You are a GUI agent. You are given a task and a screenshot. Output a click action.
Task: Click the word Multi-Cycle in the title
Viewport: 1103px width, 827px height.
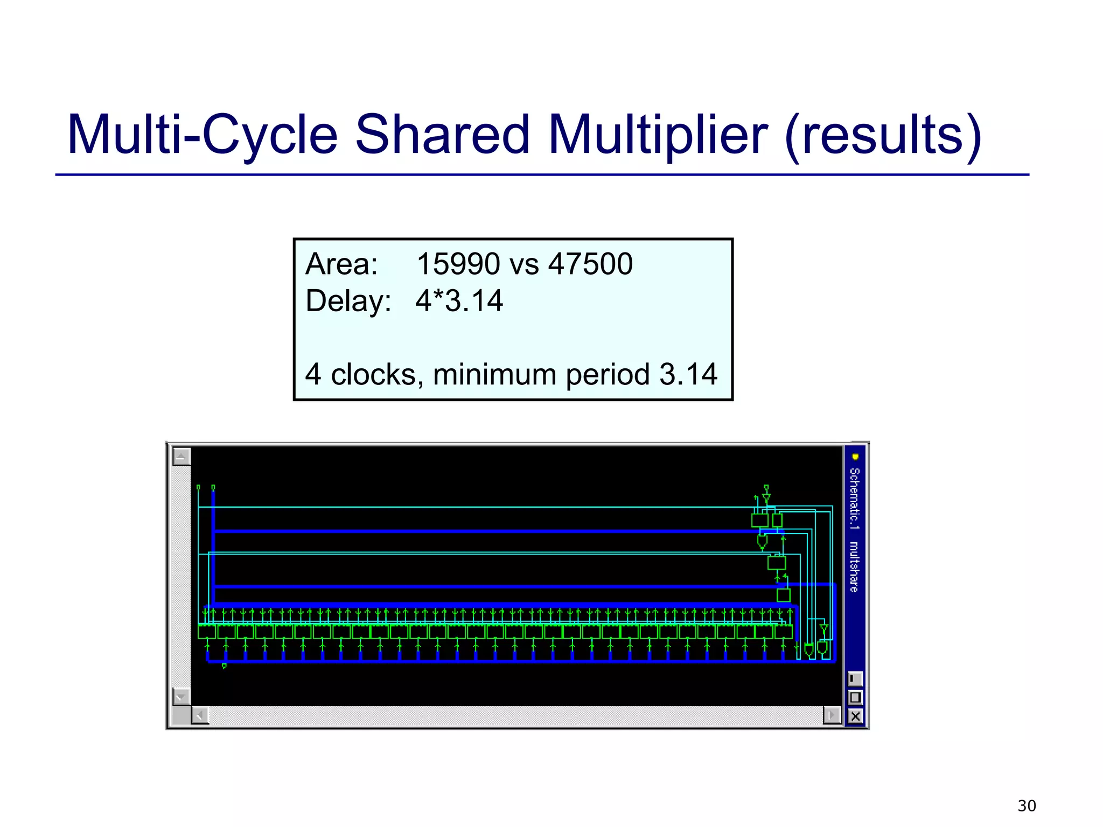tap(202, 135)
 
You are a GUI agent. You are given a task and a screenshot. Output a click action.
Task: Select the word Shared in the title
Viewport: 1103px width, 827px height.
tap(442, 135)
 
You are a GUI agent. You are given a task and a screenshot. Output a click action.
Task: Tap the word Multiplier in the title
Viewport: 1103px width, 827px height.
tap(658, 135)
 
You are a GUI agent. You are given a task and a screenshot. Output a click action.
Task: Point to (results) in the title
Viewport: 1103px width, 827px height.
tap(884, 135)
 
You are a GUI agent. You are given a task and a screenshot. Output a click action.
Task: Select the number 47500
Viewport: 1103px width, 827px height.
tap(590, 264)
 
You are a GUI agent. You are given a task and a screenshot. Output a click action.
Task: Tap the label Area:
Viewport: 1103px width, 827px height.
tap(341, 264)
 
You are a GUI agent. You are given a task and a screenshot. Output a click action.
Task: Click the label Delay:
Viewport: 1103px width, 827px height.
tap(348, 300)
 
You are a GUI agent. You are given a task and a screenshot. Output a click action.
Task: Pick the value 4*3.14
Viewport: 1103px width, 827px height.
tap(459, 300)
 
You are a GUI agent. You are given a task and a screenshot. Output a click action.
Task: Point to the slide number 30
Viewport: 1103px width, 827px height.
tap(1027, 806)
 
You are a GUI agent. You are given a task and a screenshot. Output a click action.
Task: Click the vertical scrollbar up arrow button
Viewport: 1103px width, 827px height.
tap(181, 457)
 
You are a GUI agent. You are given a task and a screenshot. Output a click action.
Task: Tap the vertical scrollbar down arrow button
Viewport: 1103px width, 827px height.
tap(181, 696)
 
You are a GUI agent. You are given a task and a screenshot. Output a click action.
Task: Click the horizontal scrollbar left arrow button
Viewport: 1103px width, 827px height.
tap(200, 716)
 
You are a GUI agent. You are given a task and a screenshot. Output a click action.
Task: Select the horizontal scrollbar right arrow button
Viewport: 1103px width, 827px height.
tap(832, 716)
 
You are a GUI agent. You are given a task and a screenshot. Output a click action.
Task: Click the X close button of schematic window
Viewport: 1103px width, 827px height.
tap(855, 716)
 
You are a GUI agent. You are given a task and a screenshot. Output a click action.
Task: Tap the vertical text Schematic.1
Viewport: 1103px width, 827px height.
tap(855, 499)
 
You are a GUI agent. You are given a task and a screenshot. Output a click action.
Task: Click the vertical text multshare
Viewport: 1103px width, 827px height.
tap(855, 566)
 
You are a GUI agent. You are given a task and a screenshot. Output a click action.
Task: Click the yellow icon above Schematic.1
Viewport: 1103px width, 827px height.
tap(855, 457)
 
